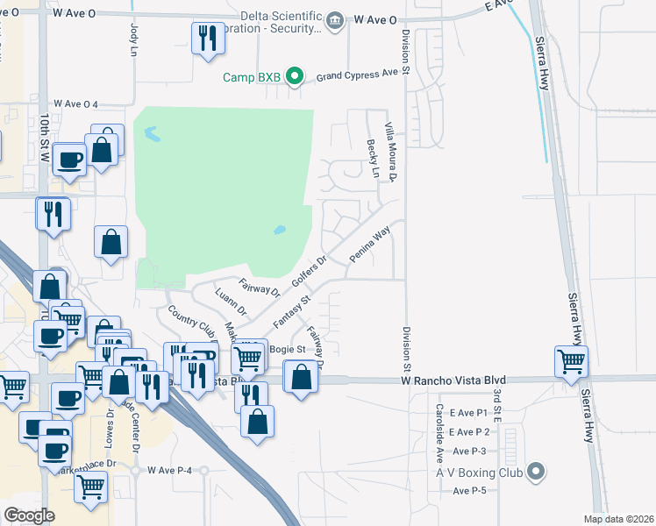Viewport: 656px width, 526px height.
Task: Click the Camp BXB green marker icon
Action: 296,78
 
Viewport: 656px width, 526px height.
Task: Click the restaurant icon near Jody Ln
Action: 208,38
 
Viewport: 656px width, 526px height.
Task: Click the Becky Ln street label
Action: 373,159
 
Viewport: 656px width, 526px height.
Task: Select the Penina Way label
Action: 369,246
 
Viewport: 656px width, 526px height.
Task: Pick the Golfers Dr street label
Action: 309,273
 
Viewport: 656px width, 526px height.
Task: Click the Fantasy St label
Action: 292,311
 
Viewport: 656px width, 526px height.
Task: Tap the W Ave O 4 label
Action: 75,104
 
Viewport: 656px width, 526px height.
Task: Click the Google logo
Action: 30,515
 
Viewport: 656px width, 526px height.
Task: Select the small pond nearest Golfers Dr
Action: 280,231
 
